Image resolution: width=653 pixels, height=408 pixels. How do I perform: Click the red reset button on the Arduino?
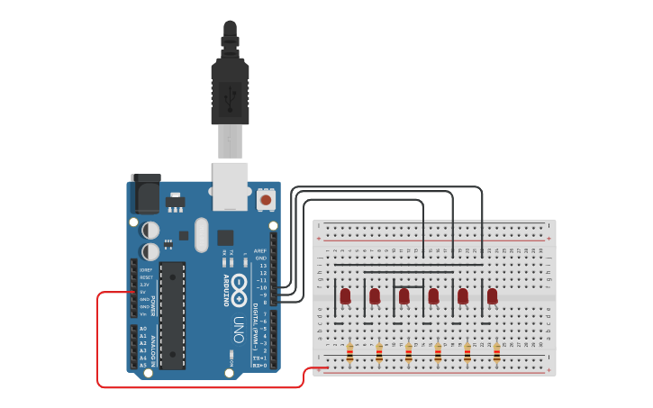(267, 198)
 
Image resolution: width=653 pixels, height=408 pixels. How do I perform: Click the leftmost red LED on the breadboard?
(345, 295)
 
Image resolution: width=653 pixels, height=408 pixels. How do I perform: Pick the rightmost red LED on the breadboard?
(492, 295)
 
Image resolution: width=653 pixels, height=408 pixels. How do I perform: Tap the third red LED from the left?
(404, 295)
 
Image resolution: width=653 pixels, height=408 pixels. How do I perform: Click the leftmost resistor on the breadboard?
(350, 352)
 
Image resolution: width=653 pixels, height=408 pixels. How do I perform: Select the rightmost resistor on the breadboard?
(496, 352)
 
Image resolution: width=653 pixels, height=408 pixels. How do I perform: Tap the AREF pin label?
(260, 250)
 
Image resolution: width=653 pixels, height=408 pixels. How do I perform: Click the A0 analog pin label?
(143, 329)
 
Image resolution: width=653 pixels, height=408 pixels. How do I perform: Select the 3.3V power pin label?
(143, 284)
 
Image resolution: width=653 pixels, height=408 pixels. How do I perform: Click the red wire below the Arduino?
(198, 386)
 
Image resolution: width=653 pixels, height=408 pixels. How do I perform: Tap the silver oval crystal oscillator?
(200, 235)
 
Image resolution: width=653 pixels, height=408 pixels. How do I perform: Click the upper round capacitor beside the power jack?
(150, 230)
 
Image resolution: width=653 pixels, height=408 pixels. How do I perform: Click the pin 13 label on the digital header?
(262, 266)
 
